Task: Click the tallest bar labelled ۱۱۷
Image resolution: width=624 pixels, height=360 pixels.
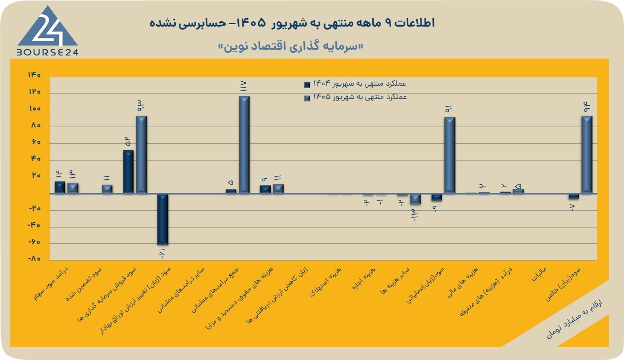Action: (x=244, y=145)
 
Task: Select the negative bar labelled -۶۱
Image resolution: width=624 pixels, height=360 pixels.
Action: (x=163, y=219)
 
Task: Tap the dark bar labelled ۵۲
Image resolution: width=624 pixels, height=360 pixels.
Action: (x=128, y=172)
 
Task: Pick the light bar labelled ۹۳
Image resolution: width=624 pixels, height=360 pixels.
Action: (x=141, y=155)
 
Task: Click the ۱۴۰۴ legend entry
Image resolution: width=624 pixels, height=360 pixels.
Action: (x=355, y=84)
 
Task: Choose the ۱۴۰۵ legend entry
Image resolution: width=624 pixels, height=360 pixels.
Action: (x=356, y=97)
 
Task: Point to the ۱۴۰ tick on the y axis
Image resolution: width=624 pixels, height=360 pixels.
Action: (x=34, y=75)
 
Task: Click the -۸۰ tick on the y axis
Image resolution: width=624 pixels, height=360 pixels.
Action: (x=34, y=259)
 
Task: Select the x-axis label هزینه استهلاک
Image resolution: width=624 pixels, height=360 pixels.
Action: (x=326, y=282)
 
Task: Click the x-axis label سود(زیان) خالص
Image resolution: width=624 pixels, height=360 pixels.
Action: (x=563, y=284)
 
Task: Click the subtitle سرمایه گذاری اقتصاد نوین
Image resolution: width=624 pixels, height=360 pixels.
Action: (x=291, y=46)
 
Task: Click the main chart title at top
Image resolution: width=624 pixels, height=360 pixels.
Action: (x=292, y=23)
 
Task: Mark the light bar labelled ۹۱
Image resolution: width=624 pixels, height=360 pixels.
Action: (x=450, y=155)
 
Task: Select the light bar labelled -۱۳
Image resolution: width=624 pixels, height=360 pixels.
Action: (x=415, y=199)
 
